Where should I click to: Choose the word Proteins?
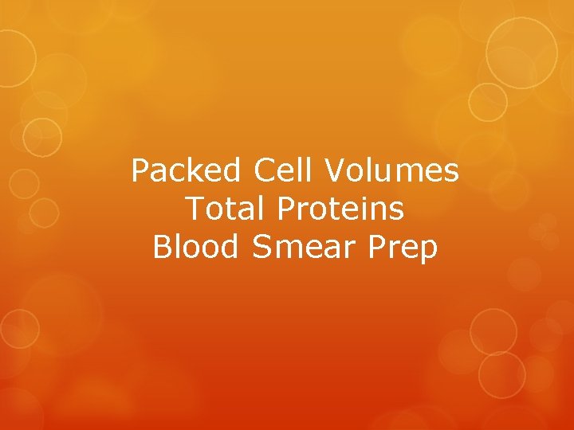pos(340,209)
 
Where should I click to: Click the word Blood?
pos(195,247)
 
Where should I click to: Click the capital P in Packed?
pos(142,170)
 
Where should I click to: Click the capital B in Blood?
pos(163,247)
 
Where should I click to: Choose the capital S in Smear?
pos(262,247)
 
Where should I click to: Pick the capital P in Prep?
pos(379,247)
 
